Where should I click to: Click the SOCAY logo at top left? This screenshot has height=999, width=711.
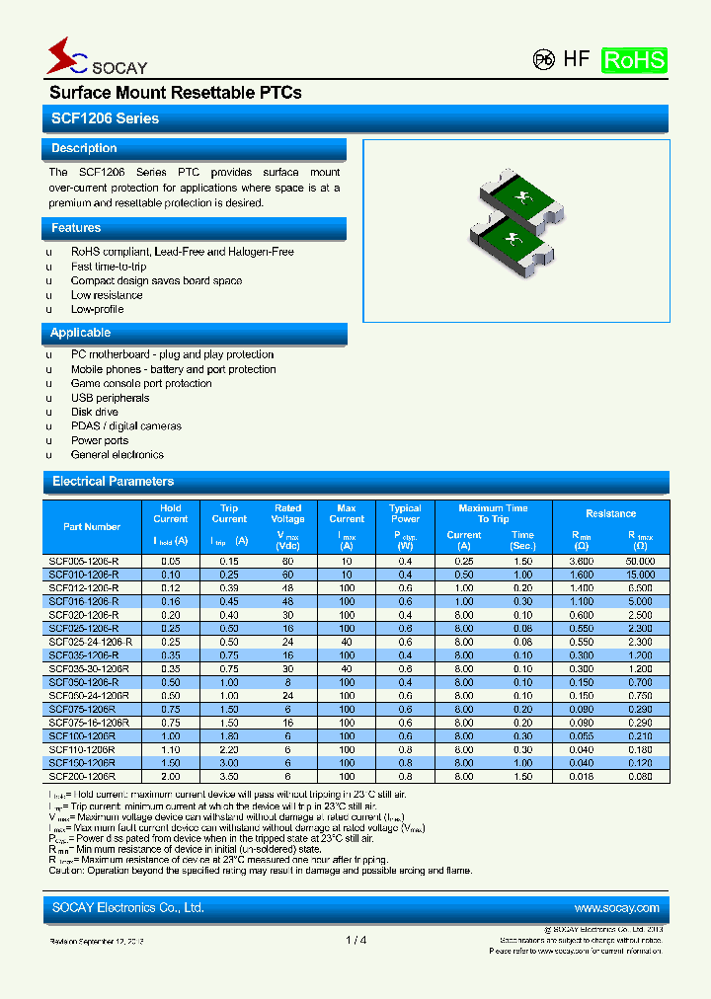coord(95,58)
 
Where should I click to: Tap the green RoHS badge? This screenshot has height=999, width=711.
coord(634,59)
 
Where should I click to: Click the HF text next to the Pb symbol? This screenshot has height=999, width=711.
coord(576,59)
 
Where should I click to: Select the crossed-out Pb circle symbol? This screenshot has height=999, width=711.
coord(543,59)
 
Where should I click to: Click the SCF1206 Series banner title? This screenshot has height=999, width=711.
coord(104,118)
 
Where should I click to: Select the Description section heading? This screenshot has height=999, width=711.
coord(84,148)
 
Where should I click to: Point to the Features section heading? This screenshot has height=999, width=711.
coord(76,228)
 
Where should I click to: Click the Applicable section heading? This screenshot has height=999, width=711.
coord(81,333)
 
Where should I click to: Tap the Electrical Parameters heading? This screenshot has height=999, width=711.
coord(113,482)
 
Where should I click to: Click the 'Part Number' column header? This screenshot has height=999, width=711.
coord(92,527)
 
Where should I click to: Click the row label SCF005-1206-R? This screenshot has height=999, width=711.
coord(84,561)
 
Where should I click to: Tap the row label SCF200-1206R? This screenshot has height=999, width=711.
coord(82,777)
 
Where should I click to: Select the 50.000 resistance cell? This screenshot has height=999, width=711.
coord(640,561)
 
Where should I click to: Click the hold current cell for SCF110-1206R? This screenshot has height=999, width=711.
coord(170,750)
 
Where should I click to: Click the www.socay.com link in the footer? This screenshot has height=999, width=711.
coord(616,908)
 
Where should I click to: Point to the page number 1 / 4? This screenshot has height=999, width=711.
coord(356,940)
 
